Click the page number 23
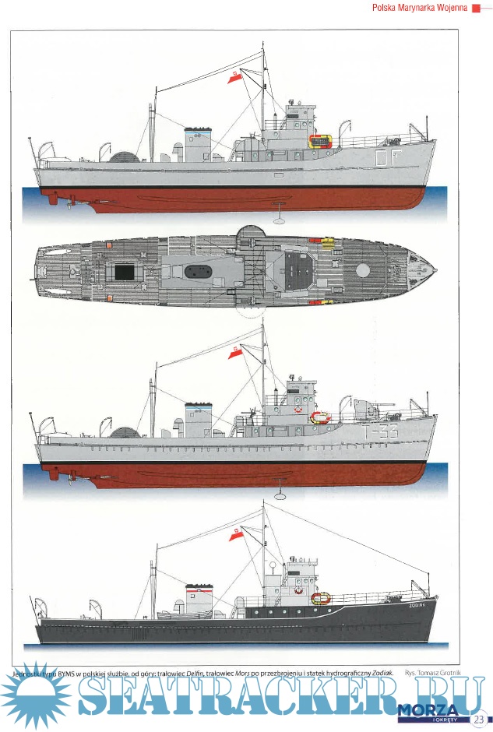(x=477, y=718)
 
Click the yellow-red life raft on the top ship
(x=320, y=141)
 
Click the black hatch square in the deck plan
(x=125, y=272)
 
